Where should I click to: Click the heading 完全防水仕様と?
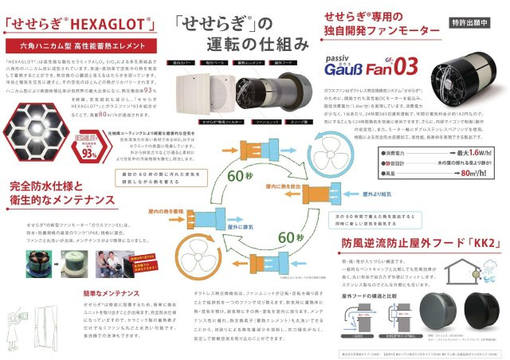pos(49,187)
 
